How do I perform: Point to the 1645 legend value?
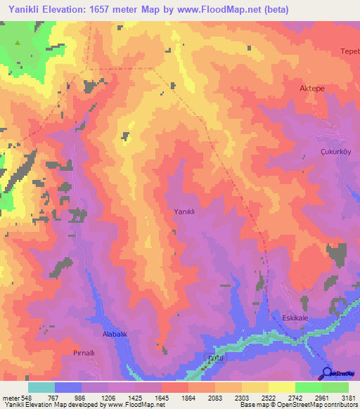pos(162,397)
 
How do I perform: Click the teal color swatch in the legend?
pos(41,387)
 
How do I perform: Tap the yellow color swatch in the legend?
pos(281,387)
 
